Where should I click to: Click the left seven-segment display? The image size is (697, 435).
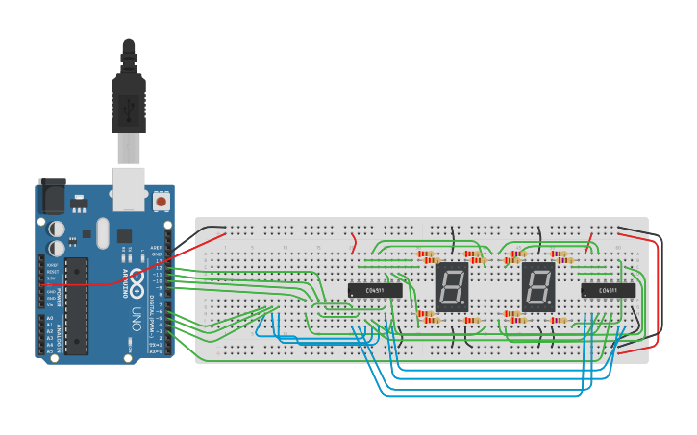tap(452, 286)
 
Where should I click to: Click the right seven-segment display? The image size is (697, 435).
tap(538, 286)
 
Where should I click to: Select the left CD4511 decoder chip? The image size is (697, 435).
tap(375, 290)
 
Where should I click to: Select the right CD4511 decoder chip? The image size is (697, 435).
tap(608, 290)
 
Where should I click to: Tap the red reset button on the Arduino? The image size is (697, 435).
tap(161, 202)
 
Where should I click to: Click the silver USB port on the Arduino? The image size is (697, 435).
tap(128, 187)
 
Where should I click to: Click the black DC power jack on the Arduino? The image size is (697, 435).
tap(51, 196)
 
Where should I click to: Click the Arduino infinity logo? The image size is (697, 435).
tap(136, 282)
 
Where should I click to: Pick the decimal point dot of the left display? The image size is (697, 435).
tap(466, 305)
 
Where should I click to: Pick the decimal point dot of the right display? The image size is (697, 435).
tap(553, 305)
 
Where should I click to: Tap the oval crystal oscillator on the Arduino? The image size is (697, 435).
tap(102, 232)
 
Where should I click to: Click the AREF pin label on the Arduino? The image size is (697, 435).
tap(156, 247)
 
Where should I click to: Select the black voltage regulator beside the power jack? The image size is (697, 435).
tap(77, 204)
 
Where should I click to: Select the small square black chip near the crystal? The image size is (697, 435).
tap(124, 234)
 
